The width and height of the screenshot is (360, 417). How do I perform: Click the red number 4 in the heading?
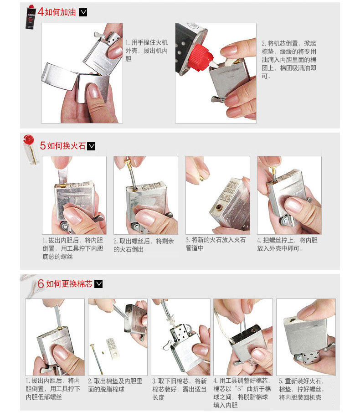point(41,12)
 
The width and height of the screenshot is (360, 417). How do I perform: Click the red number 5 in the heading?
point(43,145)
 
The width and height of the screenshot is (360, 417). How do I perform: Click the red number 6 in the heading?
point(41,283)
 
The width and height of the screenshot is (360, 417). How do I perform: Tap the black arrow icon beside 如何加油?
point(83,12)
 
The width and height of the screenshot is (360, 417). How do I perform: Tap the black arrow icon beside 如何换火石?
point(91,146)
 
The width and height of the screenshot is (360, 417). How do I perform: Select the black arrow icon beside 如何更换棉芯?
point(98,284)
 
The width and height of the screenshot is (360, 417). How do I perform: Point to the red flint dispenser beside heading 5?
point(31,149)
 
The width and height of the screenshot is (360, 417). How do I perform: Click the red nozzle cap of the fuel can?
point(202,57)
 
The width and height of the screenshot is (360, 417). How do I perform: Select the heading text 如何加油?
point(60,12)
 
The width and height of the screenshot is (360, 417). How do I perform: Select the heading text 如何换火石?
point(67,146)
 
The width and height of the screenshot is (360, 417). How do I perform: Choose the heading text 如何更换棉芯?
point(69,284)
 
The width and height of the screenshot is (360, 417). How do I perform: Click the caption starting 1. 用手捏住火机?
point(146,51)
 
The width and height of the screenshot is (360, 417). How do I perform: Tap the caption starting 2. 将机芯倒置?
point(289,60)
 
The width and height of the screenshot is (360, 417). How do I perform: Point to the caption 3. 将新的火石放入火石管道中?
point(216,244)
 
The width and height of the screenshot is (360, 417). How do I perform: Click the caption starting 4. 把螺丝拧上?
point(287,244)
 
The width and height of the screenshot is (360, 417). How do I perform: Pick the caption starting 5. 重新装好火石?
point(302,389)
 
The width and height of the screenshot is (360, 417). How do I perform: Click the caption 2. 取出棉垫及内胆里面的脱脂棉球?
point(115,385)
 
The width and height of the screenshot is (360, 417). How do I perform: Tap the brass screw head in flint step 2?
point(128,161)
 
